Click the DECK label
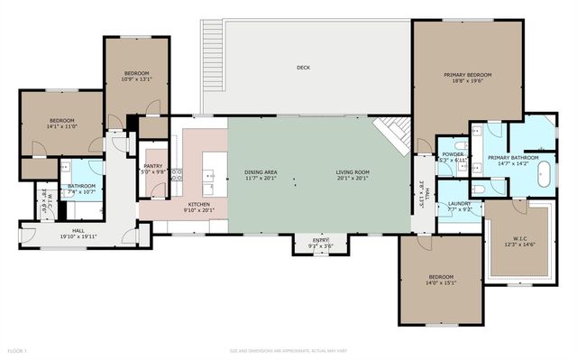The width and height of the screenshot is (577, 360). pyautogui.click(x=304, y=68)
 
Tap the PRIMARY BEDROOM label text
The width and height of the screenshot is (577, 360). pyautogui.click(x=467, y=75)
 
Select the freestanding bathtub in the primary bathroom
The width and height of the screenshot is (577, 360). pyautogui.click(x=545, y=174)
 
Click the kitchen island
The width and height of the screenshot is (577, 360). pyautogui.click(x=212, y=172)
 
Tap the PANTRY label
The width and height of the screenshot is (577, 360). pyautogui.click(x=153, y=166)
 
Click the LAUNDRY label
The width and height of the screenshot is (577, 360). pyautogui.click(x=460, y=204)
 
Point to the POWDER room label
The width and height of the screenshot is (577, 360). pyautogui.click(x=453, y=154)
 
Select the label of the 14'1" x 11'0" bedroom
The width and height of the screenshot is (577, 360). pyautogui.click(x=61, y=121)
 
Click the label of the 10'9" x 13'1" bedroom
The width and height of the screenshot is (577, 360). pyautogui.click(x=136, y=72)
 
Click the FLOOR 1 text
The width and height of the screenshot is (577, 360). pyautogui.click(x=18, y=350)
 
